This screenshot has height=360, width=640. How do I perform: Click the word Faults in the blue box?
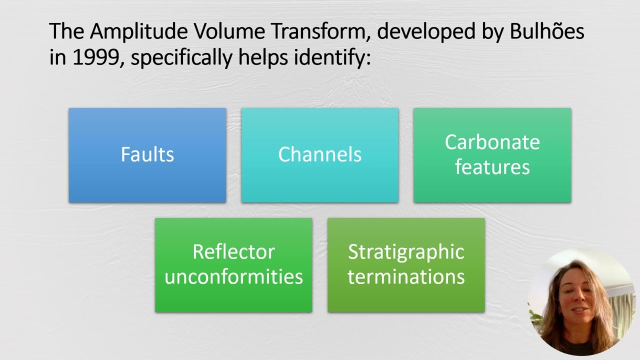(147, 154)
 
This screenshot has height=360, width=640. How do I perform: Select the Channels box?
(319, 154)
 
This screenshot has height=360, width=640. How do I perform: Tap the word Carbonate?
(492, 142)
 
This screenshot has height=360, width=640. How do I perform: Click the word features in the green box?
(492, 167)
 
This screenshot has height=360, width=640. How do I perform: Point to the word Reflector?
(233, 251)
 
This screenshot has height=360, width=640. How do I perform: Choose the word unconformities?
(233, 276)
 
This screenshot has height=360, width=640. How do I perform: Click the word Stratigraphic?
(406, 251)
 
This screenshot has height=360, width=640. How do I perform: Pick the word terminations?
(406, 276)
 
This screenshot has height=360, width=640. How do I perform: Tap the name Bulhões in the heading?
(547, 32)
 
